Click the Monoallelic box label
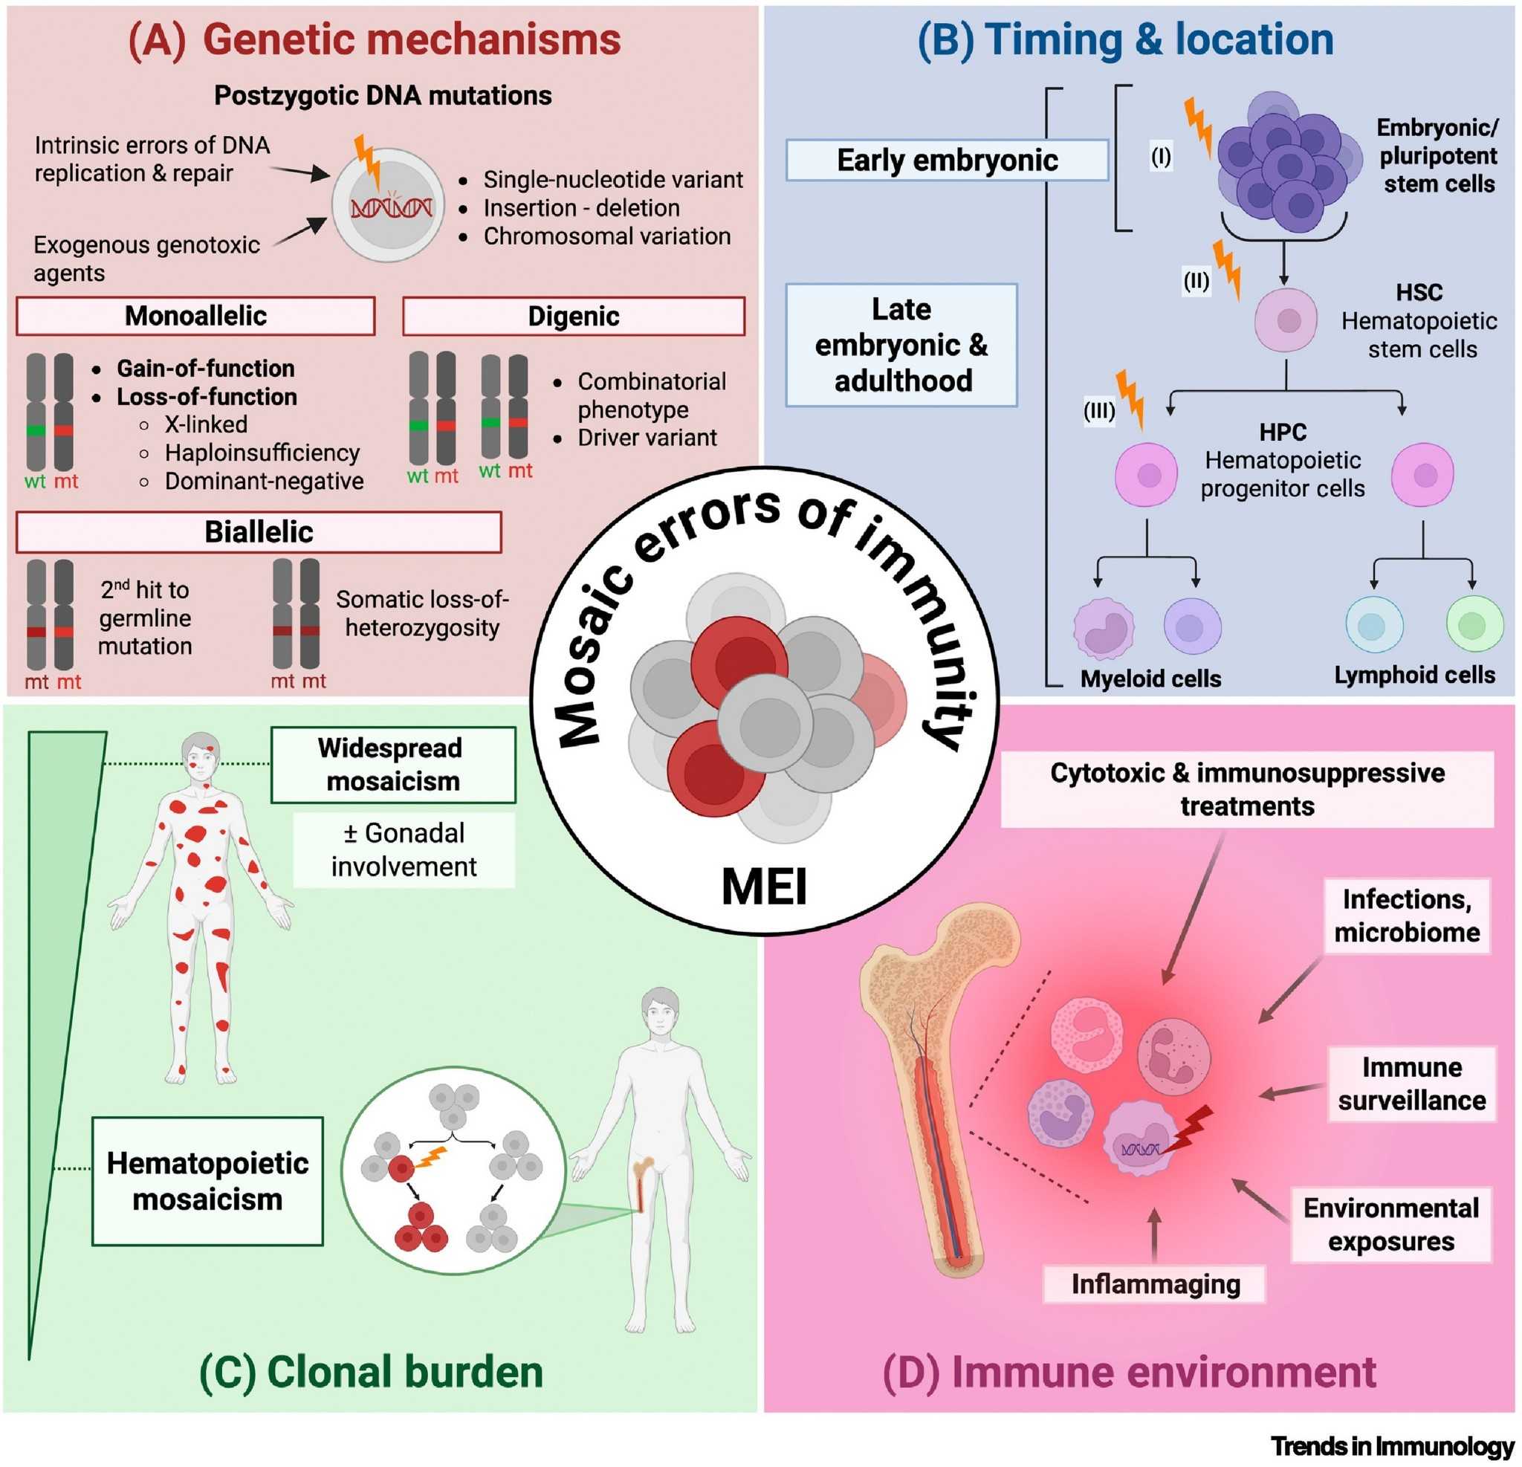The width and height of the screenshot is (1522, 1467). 195,316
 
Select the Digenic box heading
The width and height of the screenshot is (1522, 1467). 573,316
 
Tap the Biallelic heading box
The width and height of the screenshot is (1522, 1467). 259,532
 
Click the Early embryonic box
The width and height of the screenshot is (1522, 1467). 947,160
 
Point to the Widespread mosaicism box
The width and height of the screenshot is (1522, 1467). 393,764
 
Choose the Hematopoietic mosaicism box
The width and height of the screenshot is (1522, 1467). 207,1180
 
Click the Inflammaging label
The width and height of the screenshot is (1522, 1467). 1155,1283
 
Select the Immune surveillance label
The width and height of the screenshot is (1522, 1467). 1411,1084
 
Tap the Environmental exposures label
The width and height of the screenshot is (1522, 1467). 1390,1224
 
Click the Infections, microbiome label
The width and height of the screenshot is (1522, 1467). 1406,915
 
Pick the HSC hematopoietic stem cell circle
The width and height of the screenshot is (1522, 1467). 1286,320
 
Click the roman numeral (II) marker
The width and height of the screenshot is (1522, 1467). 1196,280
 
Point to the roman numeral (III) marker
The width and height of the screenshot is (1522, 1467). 1099,410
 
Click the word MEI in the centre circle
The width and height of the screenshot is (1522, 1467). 764,886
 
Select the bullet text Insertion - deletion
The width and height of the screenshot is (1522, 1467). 581,208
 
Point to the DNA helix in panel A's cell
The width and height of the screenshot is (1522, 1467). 392,208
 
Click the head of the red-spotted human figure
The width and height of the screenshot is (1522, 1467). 201,751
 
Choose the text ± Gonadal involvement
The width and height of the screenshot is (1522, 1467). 404,849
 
